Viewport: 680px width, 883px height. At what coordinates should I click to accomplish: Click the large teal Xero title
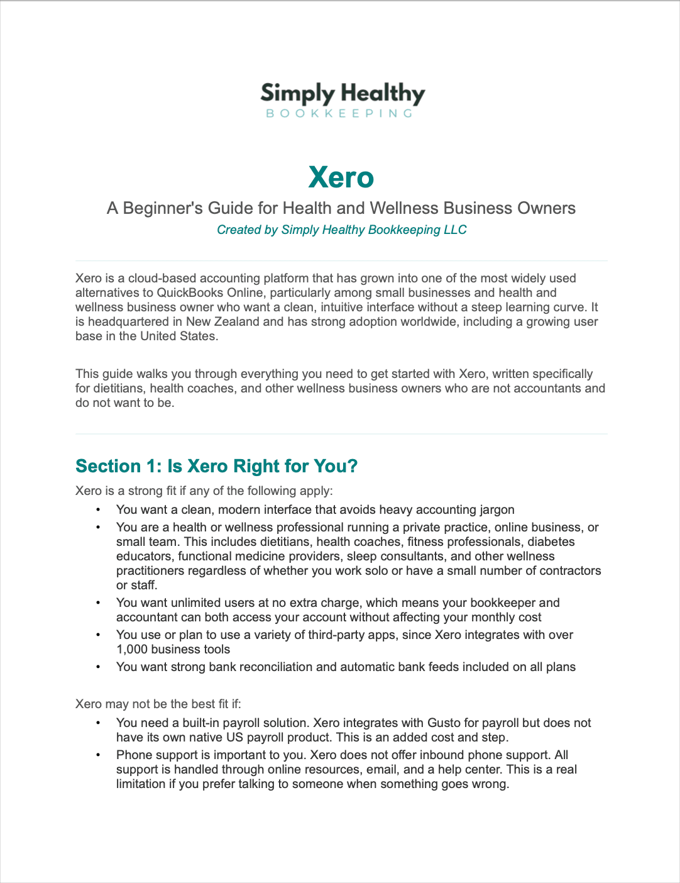(341, 177)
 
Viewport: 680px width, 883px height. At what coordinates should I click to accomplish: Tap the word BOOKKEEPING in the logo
(340, 114)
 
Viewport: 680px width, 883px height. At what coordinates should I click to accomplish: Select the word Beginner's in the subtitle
(158, 208)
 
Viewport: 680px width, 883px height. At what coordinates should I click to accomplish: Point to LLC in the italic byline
(455, 230)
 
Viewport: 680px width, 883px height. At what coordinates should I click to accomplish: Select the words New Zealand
(222, 321)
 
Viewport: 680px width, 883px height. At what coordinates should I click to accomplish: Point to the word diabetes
(551, 541)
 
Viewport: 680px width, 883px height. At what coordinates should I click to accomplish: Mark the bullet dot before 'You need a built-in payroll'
(98, 723)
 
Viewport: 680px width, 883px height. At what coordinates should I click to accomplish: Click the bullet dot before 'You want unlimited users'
(98, 603)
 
